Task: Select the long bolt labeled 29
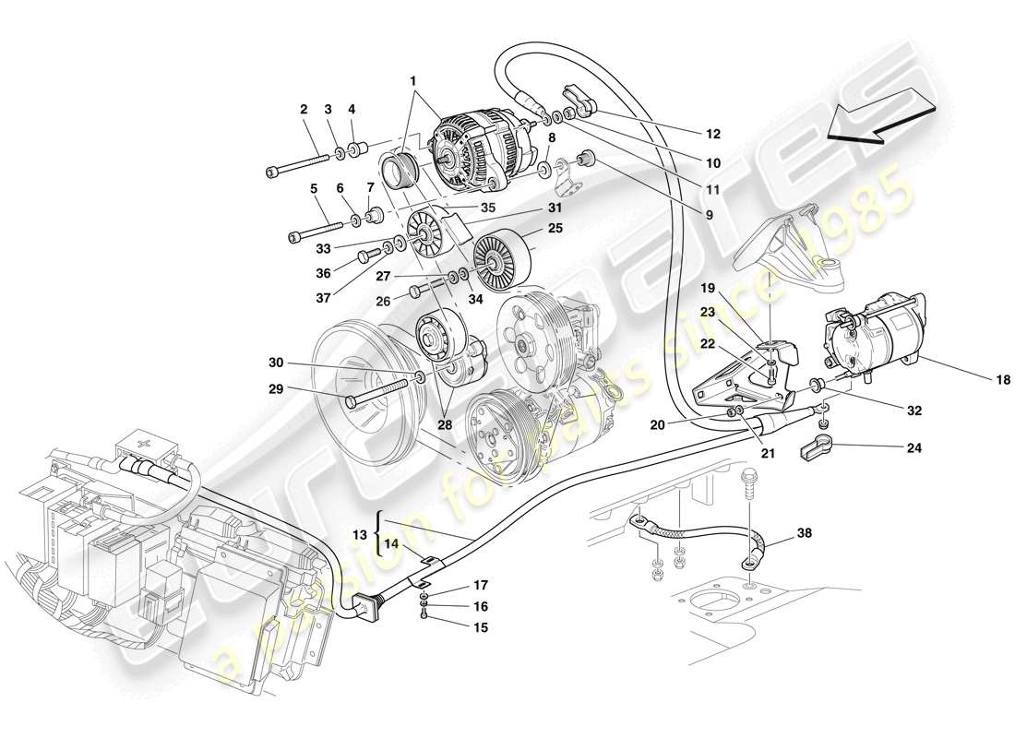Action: tap(378, 399)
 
